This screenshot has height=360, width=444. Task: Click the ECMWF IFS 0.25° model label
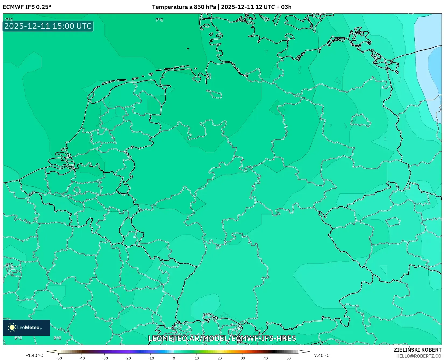[27, 7]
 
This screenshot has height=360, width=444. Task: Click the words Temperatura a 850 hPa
[184, 7]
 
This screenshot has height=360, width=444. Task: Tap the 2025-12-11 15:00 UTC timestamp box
[48, 26]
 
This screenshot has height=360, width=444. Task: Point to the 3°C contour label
[206, 315]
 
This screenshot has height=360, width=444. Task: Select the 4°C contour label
[9, 265]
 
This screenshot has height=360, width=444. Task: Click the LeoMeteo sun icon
[12, 327]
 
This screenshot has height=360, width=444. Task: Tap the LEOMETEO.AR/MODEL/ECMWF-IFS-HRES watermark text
[222, 338]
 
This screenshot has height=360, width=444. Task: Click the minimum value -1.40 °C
[34, 355]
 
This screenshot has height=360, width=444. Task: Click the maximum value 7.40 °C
[322, 355]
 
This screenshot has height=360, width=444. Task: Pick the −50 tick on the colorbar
[58, 358]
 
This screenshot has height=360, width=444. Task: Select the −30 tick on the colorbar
[104, 358]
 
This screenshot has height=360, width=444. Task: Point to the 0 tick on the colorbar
[174, 358]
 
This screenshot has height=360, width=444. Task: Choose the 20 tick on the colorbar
[220, 358]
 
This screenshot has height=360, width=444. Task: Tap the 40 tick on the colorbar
[266, 358]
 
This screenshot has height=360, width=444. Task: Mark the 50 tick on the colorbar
[289, 358]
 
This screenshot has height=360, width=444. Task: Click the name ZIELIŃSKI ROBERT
[418, 350]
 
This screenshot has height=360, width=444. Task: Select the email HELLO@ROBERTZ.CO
[419, 356]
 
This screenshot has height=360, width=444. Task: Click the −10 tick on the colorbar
[151, 358]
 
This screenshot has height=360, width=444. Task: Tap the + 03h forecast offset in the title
[284, 7]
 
